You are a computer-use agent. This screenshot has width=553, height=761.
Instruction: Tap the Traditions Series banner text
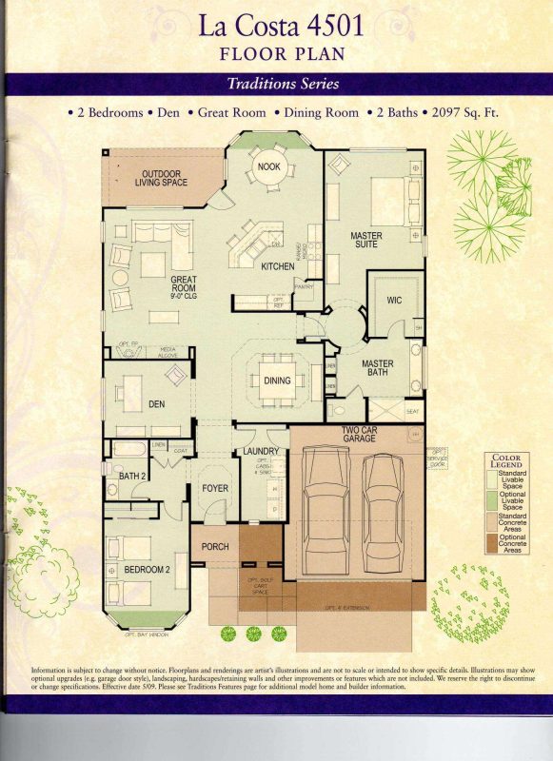(283, 84)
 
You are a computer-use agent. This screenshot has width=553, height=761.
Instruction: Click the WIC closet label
(395, 300)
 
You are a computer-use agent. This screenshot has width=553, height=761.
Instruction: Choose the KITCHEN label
(277, 266)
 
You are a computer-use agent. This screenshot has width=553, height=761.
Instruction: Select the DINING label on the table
(276, 380)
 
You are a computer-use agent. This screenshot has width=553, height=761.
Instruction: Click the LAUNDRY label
(260, 451)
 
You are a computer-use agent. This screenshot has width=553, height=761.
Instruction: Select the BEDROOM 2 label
(147, 570)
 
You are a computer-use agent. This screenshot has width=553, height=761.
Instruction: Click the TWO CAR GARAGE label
(362, 435)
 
